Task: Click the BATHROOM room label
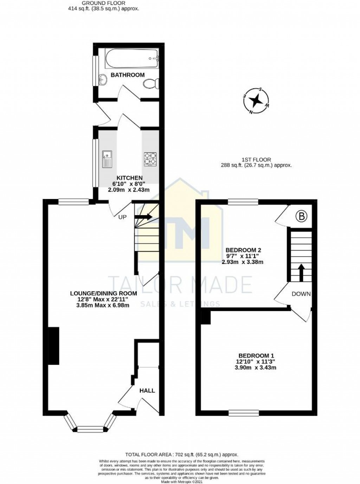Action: tap(128, 75)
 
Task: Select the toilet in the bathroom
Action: tap(151, 84)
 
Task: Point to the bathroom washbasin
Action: tap(103, 79)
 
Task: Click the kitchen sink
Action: tap(107, 159)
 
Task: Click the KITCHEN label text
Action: tap(130, 178)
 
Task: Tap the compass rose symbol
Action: tap(256, 101)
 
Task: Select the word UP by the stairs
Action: tap(122, 217)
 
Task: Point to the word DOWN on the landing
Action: tap(301, 294)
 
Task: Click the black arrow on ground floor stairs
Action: tap(143, 217)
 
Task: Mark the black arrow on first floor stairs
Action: tap(301, 272)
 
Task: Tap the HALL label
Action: tap(147, 391)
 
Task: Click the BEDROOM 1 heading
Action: tap(256, 356)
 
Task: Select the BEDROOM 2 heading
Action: tap(243, 250)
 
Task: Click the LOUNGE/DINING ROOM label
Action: tap(103, 293)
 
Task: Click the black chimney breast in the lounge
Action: tap(53, 346)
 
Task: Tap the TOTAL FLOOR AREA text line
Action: tap(180, 454)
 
